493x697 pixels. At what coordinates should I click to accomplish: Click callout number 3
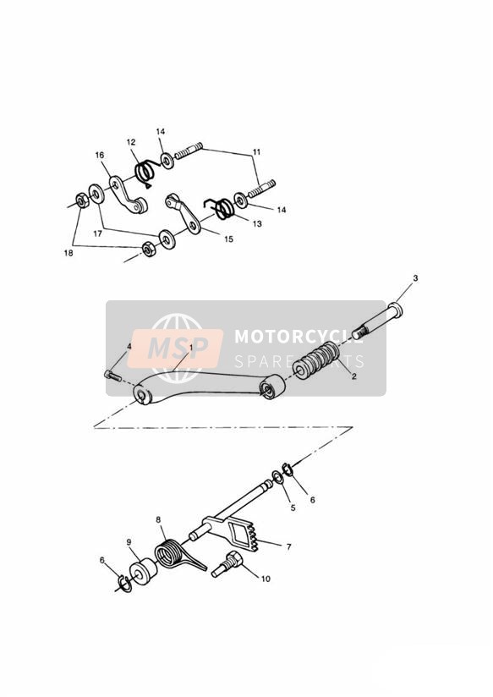(415, 278)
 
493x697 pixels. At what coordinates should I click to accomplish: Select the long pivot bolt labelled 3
(377, 320)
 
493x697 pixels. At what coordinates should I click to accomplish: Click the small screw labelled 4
(112, 376)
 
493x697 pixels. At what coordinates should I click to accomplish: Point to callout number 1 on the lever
(191, 348)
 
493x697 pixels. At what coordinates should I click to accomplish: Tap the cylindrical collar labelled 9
(143, 571)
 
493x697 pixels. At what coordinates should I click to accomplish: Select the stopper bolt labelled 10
(227, 563)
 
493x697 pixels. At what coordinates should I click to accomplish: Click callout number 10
(266, 579)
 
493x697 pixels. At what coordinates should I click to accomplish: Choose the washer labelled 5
(277, 478)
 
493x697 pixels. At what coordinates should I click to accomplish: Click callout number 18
(68, 253)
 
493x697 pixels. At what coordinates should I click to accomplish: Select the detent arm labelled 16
(129, 195)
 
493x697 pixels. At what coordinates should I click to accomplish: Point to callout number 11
(256, 152)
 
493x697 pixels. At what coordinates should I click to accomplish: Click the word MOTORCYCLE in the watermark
(299, 337)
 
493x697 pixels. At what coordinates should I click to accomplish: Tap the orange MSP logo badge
(175, 348)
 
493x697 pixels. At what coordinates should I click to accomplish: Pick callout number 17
(98, 233)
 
